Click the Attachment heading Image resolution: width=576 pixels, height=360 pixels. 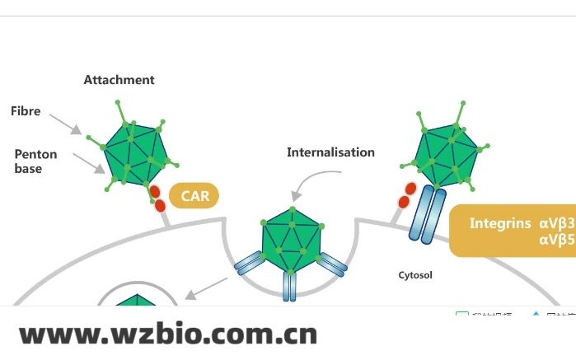click(119, 80)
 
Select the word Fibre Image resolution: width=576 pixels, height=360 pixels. click(26, 110)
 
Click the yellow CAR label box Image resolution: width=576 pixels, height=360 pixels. click(195, 196)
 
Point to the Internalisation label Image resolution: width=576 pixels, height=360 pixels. click(330, 152)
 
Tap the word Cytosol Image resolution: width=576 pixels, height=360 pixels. click(415, 275)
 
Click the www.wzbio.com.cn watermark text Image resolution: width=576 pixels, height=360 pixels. click(168, 334)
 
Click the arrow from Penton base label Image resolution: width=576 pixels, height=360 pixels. click(89, 163)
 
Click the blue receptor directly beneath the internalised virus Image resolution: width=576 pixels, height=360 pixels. click(288, 286)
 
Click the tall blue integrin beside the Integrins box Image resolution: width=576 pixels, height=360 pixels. click(428, 213)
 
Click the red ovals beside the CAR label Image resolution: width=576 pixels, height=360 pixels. click(156, 199)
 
